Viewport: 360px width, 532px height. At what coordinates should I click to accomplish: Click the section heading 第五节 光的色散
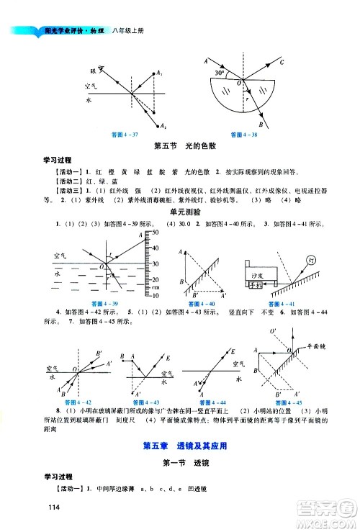tap(179, 148)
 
